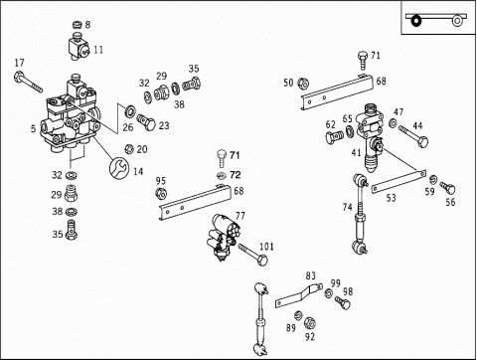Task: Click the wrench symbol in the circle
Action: (119, 167)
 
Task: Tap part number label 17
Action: (20, 63)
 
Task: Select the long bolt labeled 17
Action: (28, 82)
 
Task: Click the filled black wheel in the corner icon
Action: (415, 21)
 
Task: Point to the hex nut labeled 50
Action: (303, 84)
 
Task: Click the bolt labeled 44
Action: (413, 136)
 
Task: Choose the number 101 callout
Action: (266, 247)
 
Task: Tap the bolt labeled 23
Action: (146, 121)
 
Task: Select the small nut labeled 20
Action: (129, 149)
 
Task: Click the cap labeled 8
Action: (78, 25)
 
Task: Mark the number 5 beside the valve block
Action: (33, 128)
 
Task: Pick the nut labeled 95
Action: (161, 193)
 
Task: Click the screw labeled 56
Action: (447, 188)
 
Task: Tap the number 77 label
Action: (240, 216)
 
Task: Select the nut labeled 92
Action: (309, 322)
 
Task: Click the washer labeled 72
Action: (221, 175)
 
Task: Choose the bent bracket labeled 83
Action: (299, 295)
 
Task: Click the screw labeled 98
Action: (343, 302)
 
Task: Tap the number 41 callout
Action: (356, 153)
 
